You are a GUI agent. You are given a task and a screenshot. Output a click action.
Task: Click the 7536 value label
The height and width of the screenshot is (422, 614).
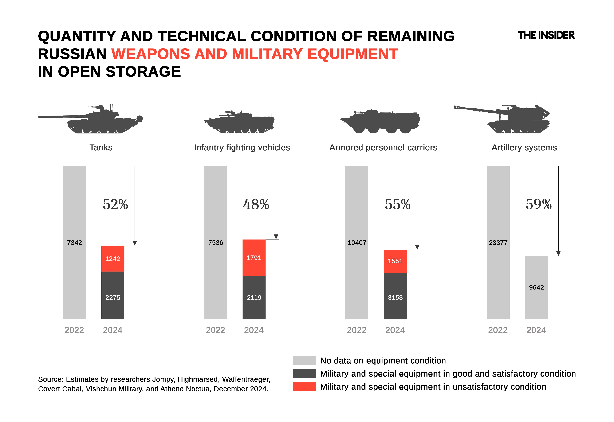(x=216, y=242)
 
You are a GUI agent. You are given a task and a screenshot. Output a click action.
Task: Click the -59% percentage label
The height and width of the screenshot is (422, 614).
(x=536, y=204)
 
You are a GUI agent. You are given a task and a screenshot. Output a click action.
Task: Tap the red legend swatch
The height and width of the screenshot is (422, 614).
(x=304, y=387)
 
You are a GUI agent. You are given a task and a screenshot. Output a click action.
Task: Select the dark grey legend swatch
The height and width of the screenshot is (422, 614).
(x=304, y=374)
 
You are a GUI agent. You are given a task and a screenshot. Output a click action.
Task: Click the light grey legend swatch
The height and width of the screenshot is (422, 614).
(x=304, y=360)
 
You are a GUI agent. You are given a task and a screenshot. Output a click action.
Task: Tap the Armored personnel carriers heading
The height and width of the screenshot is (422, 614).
(x=383, y=148)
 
